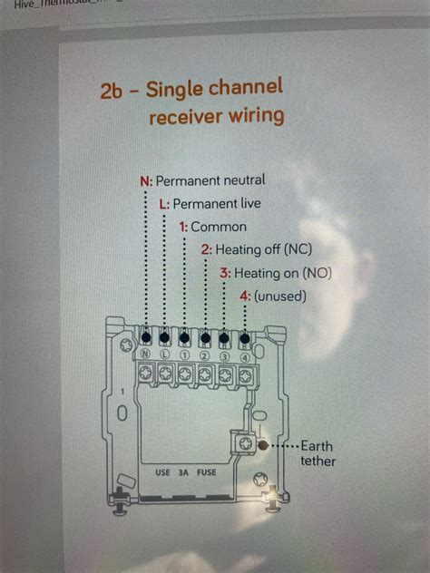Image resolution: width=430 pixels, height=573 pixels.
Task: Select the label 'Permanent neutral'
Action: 214,181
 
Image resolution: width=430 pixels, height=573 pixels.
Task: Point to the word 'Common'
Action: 219,227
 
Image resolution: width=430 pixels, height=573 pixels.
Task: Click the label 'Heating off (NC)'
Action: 262,249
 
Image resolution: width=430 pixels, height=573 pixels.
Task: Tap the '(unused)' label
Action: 280,296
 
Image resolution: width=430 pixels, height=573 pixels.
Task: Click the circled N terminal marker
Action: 144,354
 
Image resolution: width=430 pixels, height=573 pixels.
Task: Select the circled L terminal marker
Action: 164,354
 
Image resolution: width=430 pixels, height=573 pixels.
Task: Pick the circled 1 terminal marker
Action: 184,354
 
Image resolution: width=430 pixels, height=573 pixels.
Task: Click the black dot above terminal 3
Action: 224,339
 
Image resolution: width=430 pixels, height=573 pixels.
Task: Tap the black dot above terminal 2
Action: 204,339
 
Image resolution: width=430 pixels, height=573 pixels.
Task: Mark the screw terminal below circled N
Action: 145,373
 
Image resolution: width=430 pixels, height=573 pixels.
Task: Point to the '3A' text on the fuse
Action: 185,472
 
